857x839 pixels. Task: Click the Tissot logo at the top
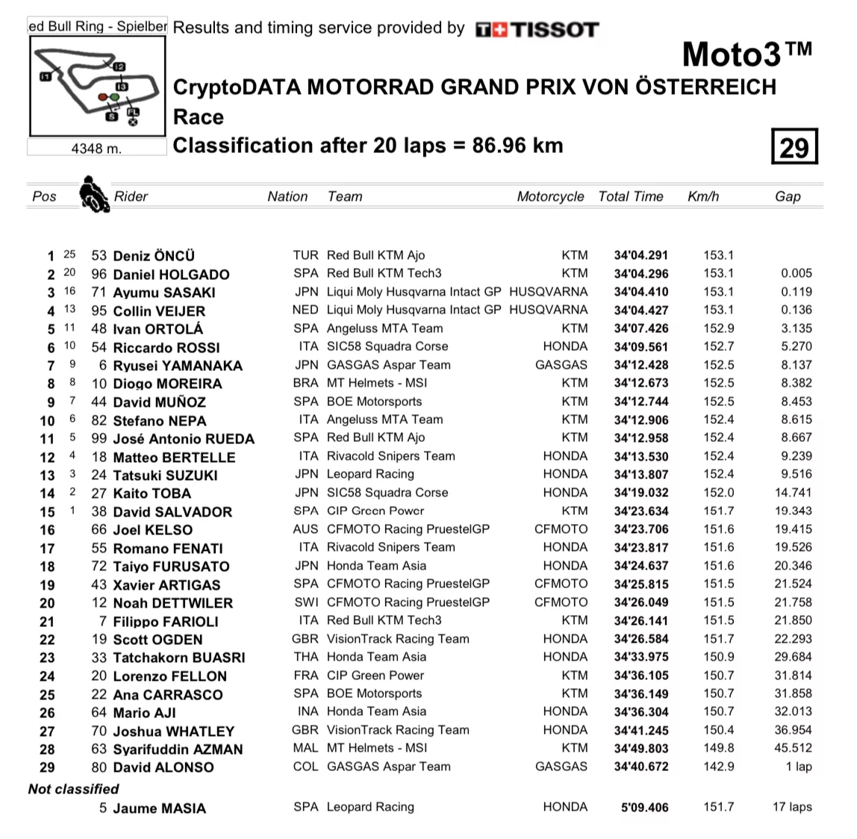(x=537, y=30)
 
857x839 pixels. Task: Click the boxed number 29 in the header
(x=794, y=146)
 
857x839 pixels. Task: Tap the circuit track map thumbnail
(x=96, y=86)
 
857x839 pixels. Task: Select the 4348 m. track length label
(x=96, y=148)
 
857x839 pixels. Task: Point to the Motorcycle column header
(x=550, y=196)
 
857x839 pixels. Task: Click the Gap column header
(x=788, y=196)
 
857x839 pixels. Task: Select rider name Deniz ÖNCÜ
(x=154, y=256)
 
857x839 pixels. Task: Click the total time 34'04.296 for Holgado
(x=641, y=274)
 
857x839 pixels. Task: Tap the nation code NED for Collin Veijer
(x=305, y=310)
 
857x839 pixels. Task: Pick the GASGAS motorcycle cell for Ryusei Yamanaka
(x=561, y=365)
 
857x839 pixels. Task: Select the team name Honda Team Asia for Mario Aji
(x=376, y=712)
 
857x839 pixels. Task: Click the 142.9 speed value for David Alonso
(x=718, y=767)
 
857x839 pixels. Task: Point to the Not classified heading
(x=73, y=789)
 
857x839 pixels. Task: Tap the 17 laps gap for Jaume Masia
(x=792, y=807)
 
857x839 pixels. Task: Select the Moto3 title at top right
(x=747, y=55)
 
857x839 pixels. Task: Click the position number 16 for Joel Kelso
(x=47, y=530)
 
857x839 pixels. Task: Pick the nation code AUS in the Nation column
(x=305, y=529)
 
